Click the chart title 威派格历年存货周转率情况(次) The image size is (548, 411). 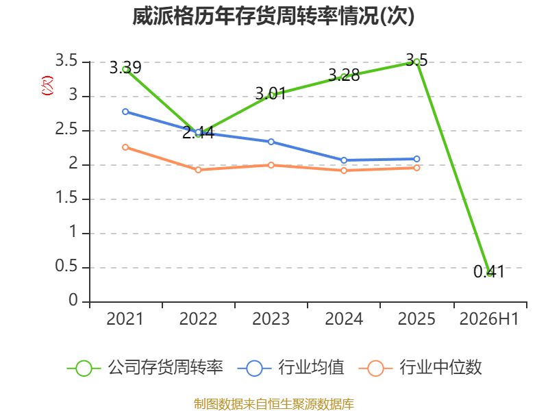click(x=273, y=16)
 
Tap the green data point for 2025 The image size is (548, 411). click(x=416, y=62)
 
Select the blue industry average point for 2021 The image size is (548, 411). click(x=125, y=112)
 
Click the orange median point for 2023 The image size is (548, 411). click(x=271, y=165)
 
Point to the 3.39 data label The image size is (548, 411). click(x=125, y=67)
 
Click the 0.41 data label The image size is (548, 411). click(x=489, y=271)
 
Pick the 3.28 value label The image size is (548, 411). click(x=344, y=75)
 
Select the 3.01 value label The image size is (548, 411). click(x=271, y=93)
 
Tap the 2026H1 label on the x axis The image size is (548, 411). click(x=489, y=319)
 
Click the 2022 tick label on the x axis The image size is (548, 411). click(x=198, y=319)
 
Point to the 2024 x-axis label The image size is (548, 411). click(x=344, y=319)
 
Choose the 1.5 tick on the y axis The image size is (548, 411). click(x=66, y=198)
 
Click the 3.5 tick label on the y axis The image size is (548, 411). click(x=66, y=61)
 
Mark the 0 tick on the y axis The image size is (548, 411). click(x=73, y=300)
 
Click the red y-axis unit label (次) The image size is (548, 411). click(x=47, y=85)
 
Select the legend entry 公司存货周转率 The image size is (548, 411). click(x=145, y=368)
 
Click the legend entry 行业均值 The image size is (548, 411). click(x=290, y=368)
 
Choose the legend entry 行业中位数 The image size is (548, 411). click(x=420, y=368)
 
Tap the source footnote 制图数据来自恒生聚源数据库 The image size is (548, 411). click(x=274, y=404)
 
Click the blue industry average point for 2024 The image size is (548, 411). click(x=344, y=160)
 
